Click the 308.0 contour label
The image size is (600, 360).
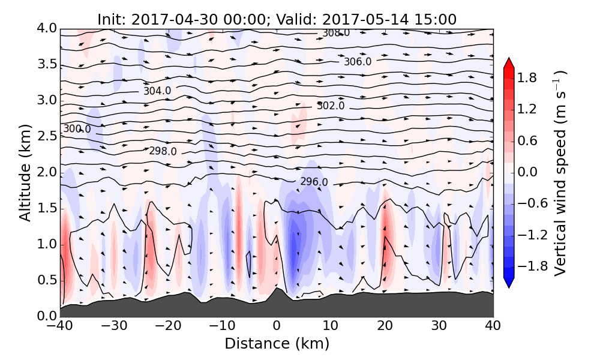click(336, 33)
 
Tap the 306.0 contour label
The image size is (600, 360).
click(357, 62)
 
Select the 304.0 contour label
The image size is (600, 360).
click(157, 91)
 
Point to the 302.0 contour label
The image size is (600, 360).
click(331, 106)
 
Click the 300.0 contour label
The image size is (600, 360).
click(77, 129)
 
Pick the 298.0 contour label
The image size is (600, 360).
click(163, 151)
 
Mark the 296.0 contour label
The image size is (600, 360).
click(314, 182)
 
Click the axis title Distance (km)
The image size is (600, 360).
click(277, 344)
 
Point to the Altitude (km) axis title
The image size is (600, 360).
click(25, 172)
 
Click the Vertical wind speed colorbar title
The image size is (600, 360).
click(560, 173)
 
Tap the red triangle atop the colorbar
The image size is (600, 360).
click(508, 63)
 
